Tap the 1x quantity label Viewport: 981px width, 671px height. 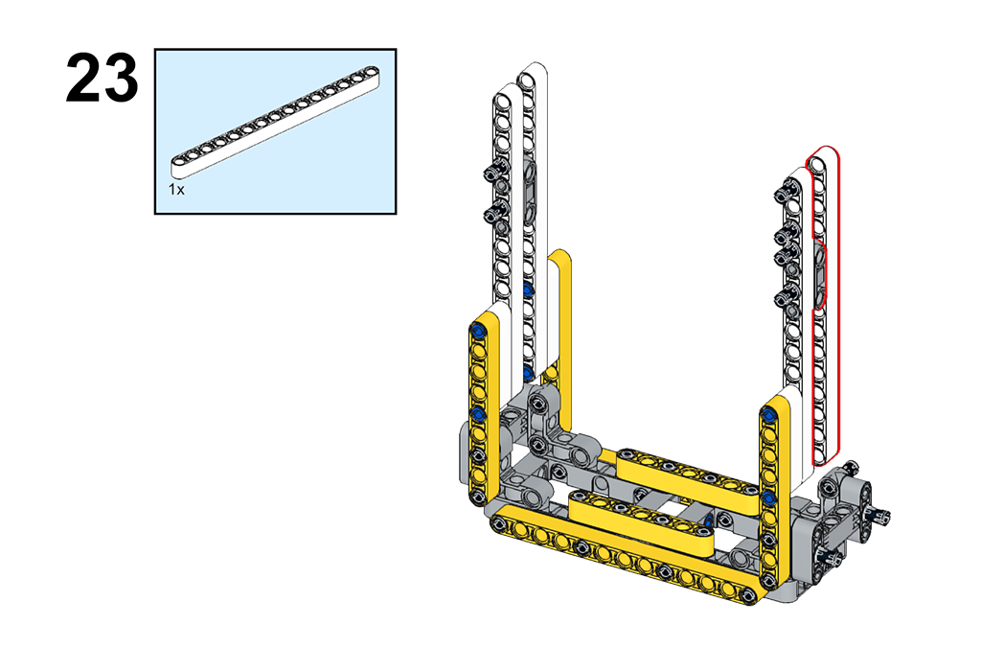point(176,190)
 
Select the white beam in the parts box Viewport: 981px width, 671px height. point(275,120)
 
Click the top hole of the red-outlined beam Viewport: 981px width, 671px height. point(818,165)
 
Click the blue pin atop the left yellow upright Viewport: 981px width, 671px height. point(479,331)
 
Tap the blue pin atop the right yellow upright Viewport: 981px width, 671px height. point(769,414)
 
